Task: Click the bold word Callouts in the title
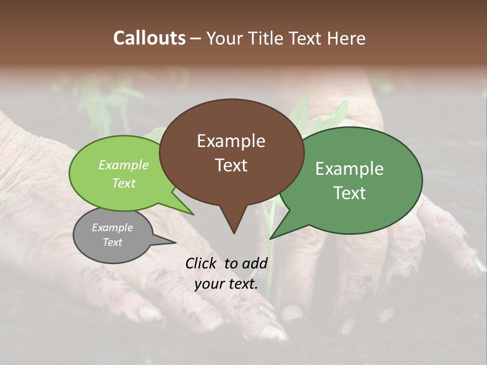coord(149,38)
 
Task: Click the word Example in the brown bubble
coord(231,141)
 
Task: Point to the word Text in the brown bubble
coord(231,165)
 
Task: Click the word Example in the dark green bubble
coord(350,169)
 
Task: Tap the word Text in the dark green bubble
coord(350,193)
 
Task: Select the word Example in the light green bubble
coord(124,165)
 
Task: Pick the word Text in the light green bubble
coord(124,183)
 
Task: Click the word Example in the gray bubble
coord(113,228)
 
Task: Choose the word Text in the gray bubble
coord(113,242)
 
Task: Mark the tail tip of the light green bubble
coord(193,214)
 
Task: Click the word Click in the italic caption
coord(201,263)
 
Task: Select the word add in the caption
coord(254,263)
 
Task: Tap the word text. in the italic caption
coord(242,284)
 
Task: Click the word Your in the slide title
coord(225,38)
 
